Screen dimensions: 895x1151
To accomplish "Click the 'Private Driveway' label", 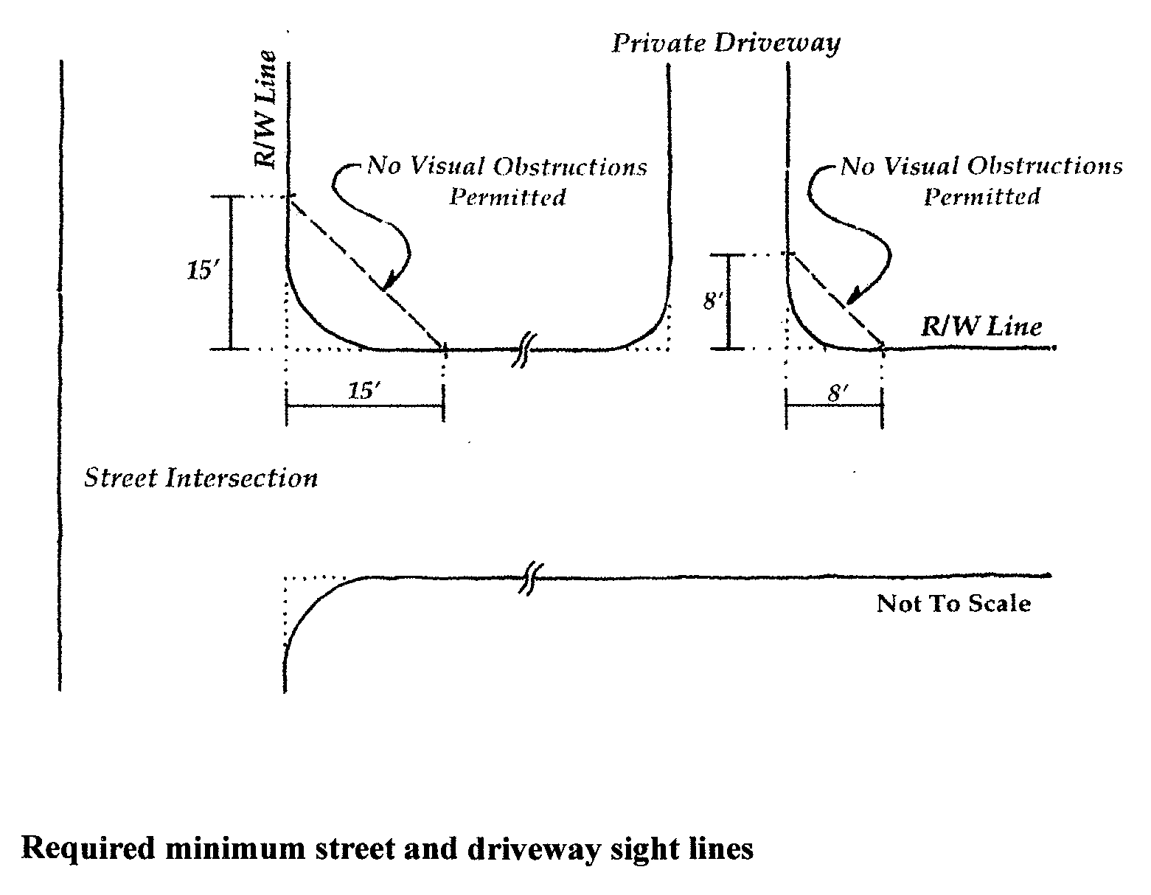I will point(726,43).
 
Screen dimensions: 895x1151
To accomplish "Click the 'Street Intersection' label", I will point(201,478).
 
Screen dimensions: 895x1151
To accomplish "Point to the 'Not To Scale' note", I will point(953,604).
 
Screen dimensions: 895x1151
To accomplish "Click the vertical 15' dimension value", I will point(198,271).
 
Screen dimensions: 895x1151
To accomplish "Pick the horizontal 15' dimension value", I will point(364,391).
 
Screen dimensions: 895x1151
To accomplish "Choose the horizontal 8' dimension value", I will point(835,392).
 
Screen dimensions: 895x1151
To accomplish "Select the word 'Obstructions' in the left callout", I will point(569,167).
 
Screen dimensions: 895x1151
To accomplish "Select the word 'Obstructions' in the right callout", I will point(1045,167).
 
